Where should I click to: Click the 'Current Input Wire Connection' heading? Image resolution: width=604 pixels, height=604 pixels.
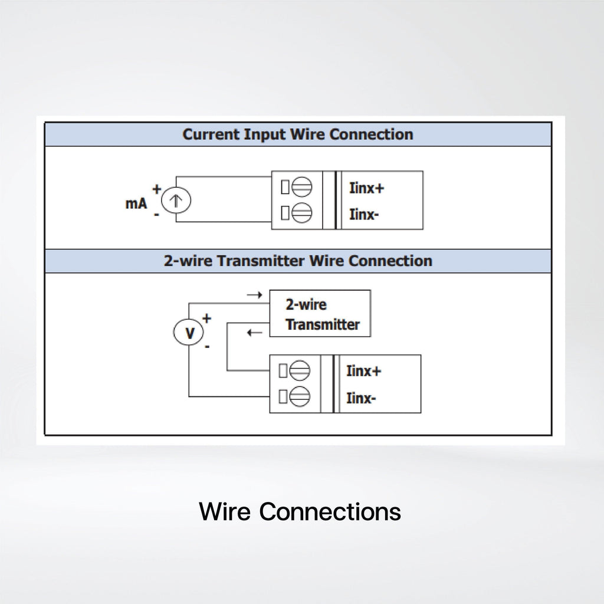[x=298, y=134]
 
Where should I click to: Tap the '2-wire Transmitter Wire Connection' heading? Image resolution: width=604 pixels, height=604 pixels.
[x=298, y=261]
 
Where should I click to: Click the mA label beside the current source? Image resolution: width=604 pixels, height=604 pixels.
[x=136, y=203]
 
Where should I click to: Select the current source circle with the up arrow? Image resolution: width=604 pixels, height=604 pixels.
[x=176, y=201]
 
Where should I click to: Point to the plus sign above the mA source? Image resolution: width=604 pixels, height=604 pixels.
[x=156, y=189]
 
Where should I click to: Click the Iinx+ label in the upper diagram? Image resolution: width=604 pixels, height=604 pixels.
[x=366, y=188]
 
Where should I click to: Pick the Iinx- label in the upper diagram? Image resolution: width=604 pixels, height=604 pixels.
[x=364, y=214]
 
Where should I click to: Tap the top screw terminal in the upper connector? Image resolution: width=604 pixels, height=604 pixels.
[x=301, y=187]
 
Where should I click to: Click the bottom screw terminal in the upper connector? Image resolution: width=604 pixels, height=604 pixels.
[x=301, y=212]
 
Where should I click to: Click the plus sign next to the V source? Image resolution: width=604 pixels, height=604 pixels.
[x=207, y=318]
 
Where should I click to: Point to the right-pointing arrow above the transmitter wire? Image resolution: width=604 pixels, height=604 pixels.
[x=255, y=295]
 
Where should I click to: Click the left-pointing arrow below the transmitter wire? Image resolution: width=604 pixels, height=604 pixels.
[x=255, y=332]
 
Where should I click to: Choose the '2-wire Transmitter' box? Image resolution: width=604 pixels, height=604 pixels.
[x=320, y=314]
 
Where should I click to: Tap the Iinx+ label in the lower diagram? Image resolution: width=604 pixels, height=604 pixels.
[x=363, y=371]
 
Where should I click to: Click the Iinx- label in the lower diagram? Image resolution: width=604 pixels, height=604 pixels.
[x=361, y=398]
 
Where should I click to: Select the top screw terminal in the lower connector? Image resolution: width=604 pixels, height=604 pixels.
[x=300, y=370]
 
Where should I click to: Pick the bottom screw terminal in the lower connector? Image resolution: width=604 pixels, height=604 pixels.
[x=300, y=396]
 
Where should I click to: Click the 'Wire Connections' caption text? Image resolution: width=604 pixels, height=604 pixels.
[x=300, y=511]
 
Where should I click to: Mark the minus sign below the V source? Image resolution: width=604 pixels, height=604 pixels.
[x=207, y=347]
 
